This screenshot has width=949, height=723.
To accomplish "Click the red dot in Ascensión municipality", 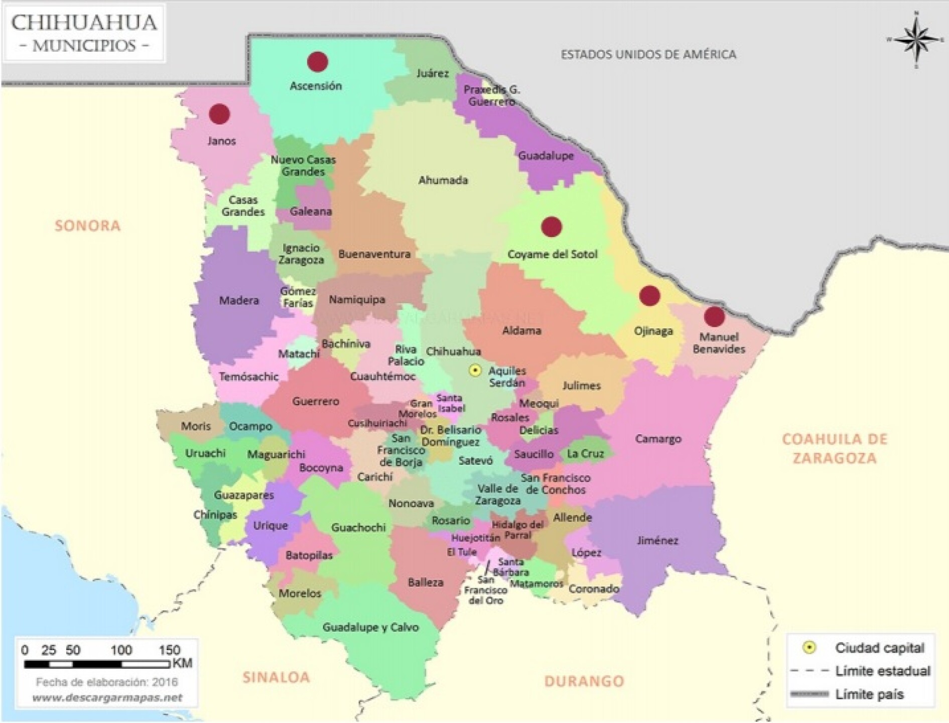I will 317,62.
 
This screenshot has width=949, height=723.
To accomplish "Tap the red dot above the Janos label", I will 219,114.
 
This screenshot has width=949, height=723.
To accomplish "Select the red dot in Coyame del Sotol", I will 551,227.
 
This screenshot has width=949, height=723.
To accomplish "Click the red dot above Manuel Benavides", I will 714,317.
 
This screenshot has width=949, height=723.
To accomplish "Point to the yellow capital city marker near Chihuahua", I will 474,371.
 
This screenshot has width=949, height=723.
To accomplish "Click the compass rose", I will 916,40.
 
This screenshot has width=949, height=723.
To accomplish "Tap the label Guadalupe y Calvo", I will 370,627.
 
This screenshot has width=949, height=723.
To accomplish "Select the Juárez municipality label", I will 432,73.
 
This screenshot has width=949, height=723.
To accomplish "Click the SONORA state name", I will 88,226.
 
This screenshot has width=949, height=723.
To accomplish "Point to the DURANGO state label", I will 584,681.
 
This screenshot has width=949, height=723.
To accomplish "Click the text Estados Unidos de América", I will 648,54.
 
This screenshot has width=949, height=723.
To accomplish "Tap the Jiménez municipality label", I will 657,541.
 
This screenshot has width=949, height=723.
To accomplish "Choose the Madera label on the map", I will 239,301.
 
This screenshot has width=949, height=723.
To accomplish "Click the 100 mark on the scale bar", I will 121,650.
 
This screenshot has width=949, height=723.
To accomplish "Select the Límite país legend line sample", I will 809,695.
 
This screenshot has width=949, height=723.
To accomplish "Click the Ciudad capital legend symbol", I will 809,648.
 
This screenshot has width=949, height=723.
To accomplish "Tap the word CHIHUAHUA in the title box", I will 84,23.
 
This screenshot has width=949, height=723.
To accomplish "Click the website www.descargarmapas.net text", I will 107,698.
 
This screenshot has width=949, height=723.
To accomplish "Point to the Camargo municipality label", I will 658,439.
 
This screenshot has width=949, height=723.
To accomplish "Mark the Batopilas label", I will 309,555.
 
